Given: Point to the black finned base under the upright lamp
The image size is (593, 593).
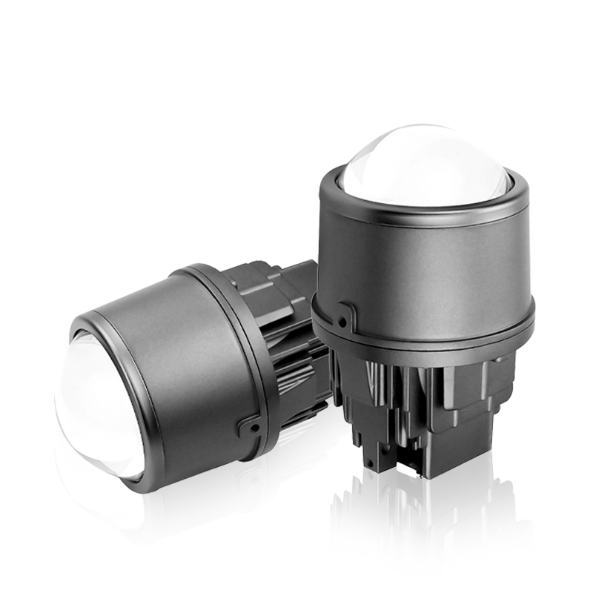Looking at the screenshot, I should click(x=430, y=408).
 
